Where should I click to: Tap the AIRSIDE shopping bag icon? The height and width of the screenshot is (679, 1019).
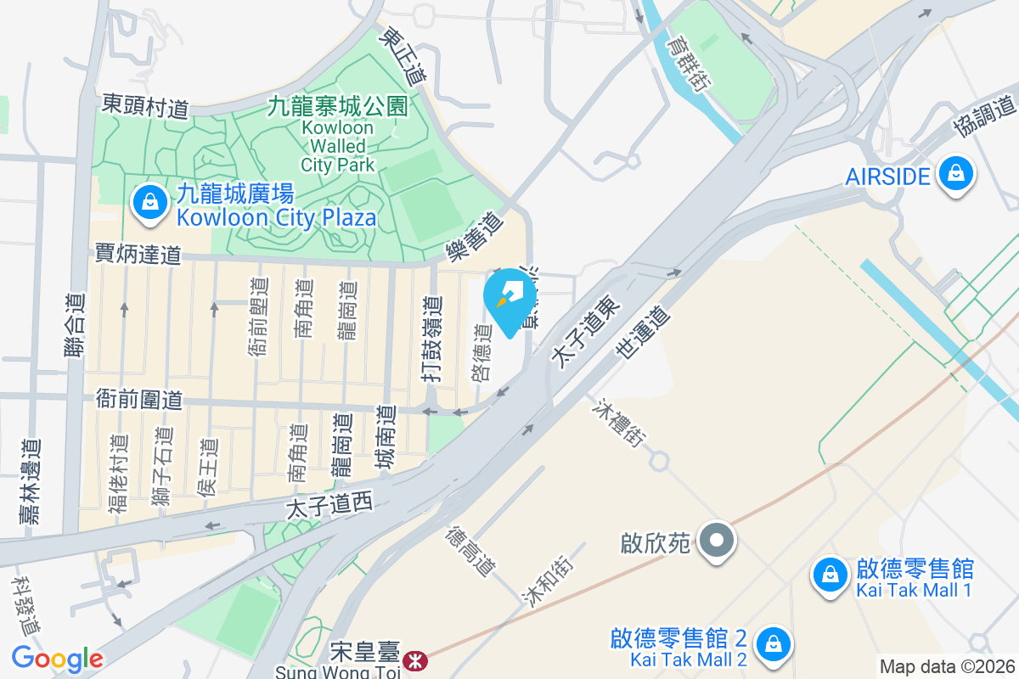tap(956, 174)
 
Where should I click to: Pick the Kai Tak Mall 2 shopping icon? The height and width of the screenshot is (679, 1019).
tap(774, 642)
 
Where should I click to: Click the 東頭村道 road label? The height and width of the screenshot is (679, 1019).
tap(144, 104)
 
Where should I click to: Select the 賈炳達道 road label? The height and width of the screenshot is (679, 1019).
tap(138, 253)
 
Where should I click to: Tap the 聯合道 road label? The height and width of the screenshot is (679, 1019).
tap(76, 311)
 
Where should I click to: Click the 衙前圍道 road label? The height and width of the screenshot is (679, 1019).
tap(139, 399)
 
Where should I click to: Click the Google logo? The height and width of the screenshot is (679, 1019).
tap(57, 658)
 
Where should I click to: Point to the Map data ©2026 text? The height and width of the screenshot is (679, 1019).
tap(946, 666)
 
